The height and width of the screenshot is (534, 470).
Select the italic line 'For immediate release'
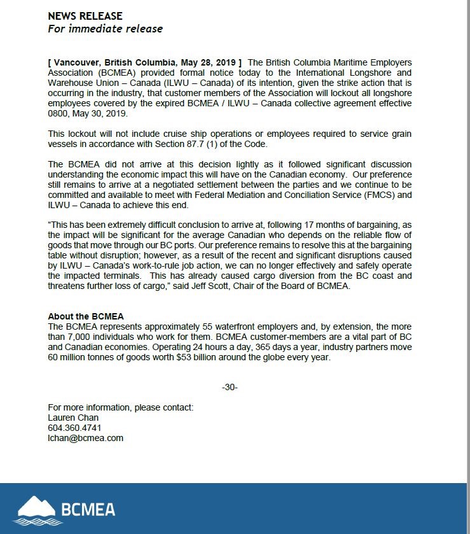[x=105, y=29]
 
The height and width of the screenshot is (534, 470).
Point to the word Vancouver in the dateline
[x=79, y=62]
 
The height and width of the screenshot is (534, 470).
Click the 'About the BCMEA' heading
[x=85, y=316]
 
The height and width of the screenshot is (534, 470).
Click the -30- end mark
[x=230, y=388]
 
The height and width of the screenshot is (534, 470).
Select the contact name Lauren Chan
[x=73, y=418]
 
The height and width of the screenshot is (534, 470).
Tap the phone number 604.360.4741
[x=74, y=428]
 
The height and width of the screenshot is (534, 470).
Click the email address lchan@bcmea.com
[x=85, y=438]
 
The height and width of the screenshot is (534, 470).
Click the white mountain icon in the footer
[x=36, y=507]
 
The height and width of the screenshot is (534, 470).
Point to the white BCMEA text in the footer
[x=88, y=509]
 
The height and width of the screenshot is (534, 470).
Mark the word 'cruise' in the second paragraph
[x=162, y=134]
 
